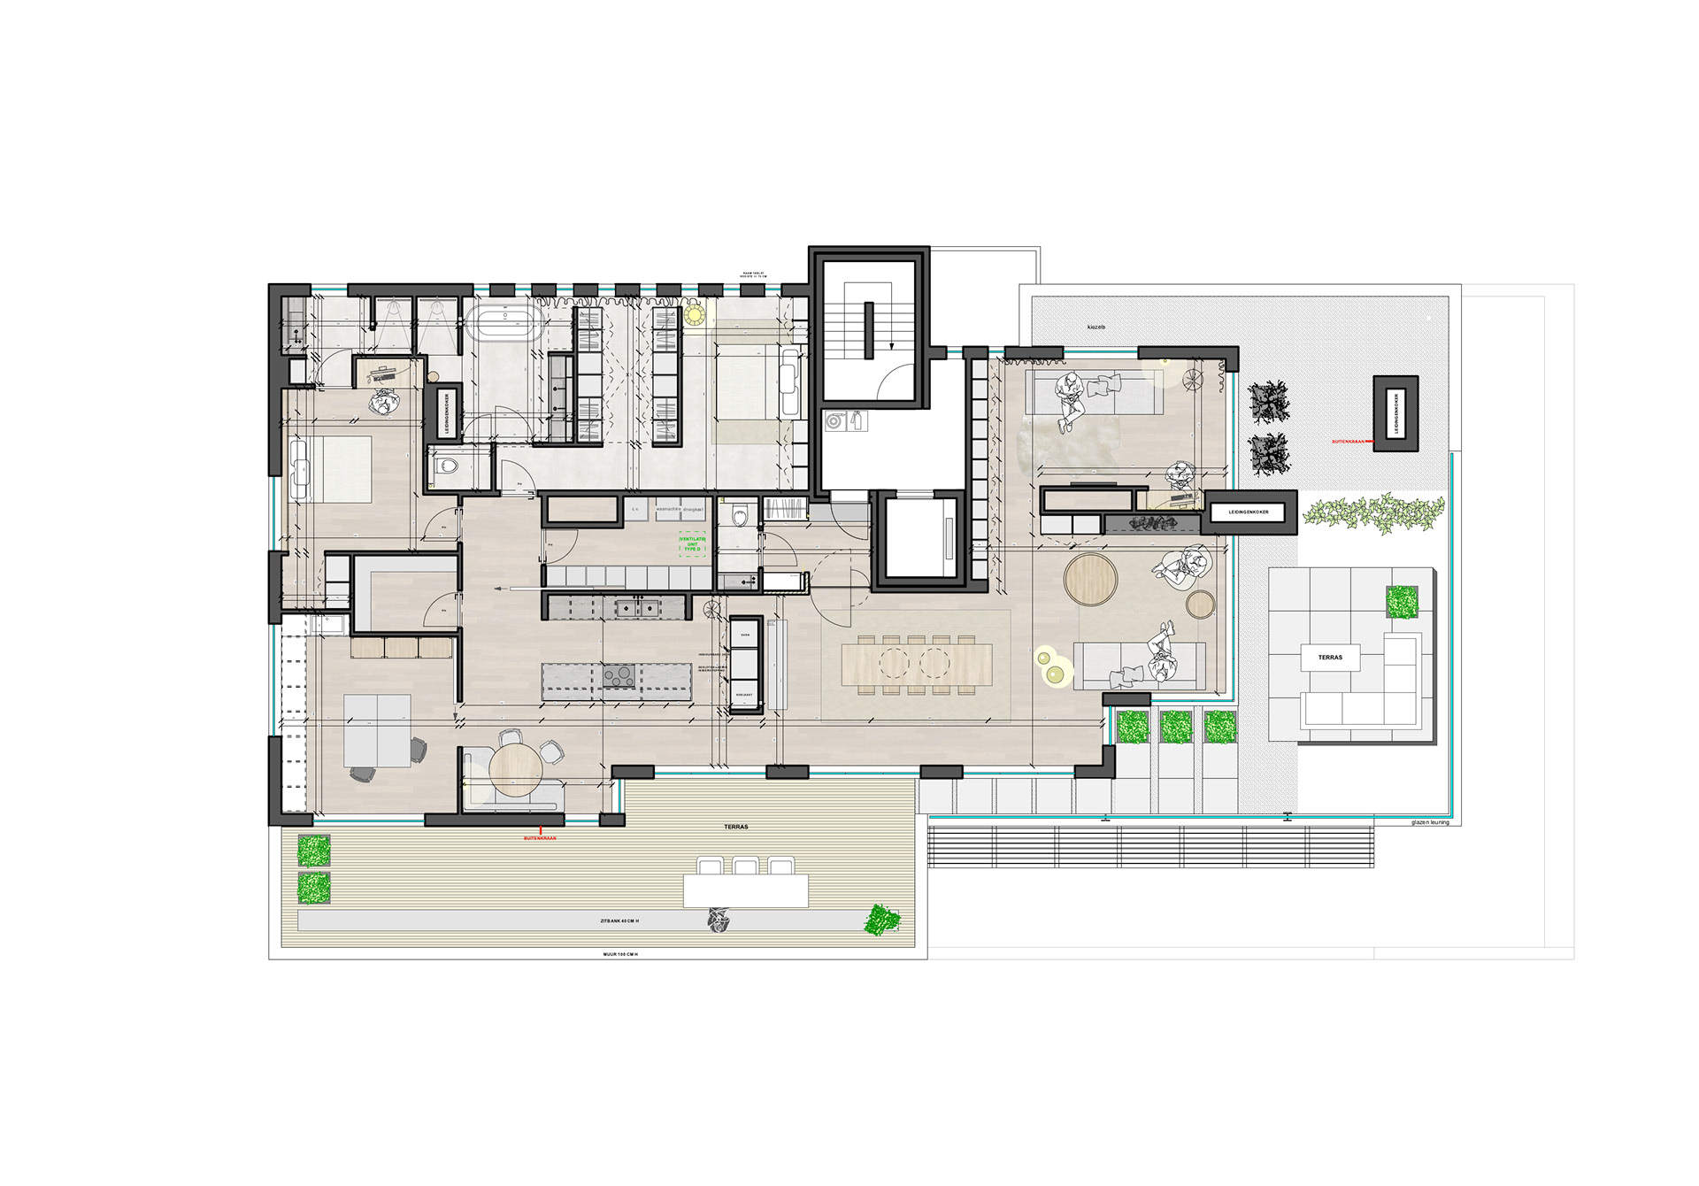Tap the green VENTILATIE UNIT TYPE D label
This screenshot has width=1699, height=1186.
tap(692, 543)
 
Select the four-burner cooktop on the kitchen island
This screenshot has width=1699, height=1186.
tap(619, 676)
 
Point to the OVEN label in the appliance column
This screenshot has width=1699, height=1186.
tap(745, 635)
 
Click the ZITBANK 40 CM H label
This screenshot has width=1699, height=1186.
tap(619, 921)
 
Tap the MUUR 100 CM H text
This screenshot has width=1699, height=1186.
tap(620, 955)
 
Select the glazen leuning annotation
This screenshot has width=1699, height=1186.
tap(1430, 822)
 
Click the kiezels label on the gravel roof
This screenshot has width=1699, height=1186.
tap(1096, 327)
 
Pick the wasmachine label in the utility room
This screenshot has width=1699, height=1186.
tap(668, 510)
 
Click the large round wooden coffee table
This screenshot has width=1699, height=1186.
tap(1090, 579)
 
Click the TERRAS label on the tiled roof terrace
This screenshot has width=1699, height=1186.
tap(1330, 658)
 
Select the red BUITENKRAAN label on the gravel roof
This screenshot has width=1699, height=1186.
tap(1348, 441)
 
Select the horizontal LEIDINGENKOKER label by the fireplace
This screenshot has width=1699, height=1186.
tap(1248, 512)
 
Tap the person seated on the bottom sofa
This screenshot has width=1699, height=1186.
tap(1161, 655)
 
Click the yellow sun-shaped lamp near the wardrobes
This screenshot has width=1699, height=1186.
tap(694, 314)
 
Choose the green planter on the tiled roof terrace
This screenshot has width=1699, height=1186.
tap(1402, 602)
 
